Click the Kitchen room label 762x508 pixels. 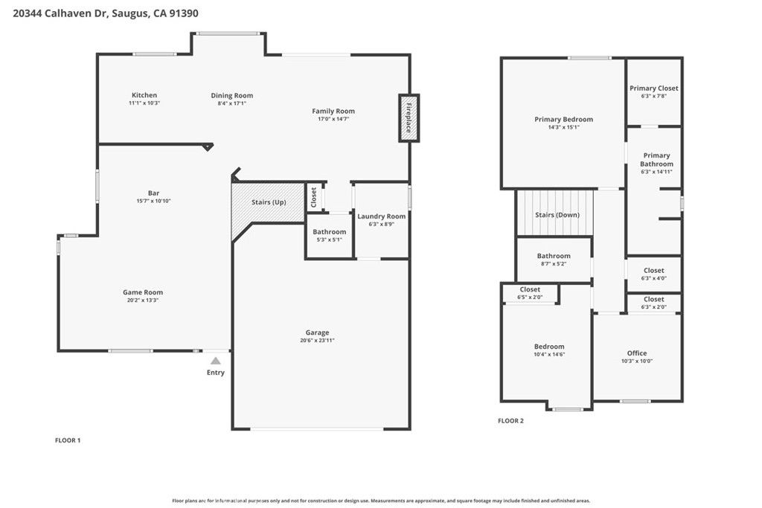(144, 95)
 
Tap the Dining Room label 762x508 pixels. (231, 95)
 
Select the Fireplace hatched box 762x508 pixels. (409, 118)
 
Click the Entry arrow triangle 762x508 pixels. (215, 361)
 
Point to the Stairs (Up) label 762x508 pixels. (269, 202)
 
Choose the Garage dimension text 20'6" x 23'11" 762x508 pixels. (317, 341)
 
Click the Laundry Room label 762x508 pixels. (381, 216)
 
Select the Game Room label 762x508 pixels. (143, 292)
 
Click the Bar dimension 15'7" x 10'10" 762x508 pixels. (153, 201)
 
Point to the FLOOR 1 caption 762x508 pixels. (68, 440)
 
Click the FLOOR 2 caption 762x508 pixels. (510, 421)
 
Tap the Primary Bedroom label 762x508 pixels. (563, 119)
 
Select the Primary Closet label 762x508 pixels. (653, 89)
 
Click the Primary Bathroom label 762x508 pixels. (656, 160)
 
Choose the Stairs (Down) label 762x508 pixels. (557, 215)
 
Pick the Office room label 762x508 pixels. (637, 353)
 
